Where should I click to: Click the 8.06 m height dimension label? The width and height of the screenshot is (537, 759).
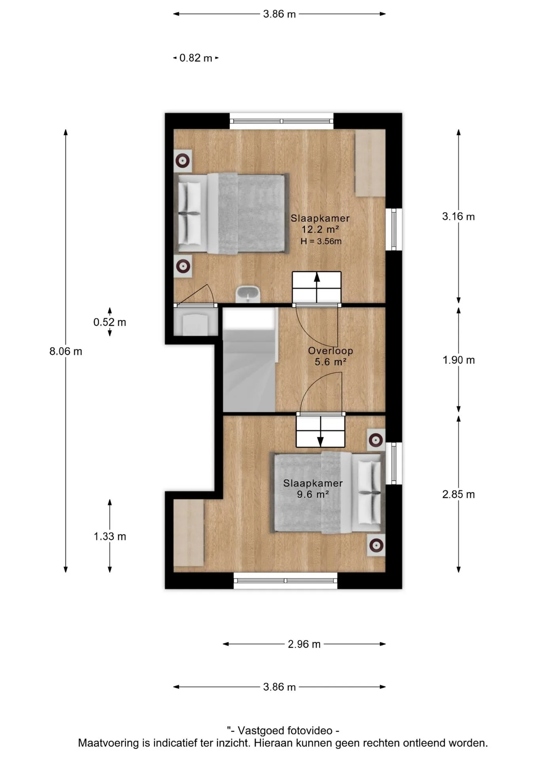click(x=66, y=351)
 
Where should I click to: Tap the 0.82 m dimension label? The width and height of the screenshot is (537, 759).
click(x=196, y=58)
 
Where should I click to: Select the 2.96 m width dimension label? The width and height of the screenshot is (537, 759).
click(x=304, y=644)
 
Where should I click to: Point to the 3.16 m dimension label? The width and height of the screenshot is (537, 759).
click(x=458, y=216)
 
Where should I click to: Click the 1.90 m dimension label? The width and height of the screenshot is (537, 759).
click(x=458, y=360)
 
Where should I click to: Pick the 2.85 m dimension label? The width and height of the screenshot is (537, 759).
click(x=458, y=494)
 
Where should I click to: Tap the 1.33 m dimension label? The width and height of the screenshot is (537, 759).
click(x=110, y=536)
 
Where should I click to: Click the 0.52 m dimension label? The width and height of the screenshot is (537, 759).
click(x=110, y=322)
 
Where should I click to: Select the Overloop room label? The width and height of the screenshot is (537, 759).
click(x=331, y=351)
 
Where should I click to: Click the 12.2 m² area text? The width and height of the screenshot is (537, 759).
click(x=320, y=229)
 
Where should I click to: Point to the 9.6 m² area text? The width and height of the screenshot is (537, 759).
click(x=313, y=494)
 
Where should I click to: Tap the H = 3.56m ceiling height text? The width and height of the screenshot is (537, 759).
click(x=321, y=241)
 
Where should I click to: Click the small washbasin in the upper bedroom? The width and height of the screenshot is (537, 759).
click(x=248, y=295)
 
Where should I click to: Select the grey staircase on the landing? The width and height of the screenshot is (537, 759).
click(x=249, y=360)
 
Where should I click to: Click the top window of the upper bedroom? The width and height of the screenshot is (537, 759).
click(x=282, y=121)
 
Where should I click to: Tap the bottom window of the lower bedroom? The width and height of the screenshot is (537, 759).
click(x=286, y=581)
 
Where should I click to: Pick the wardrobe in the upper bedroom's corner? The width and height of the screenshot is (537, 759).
click(x=370, y=163)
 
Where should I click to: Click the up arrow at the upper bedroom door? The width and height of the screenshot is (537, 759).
click(x=317, y=282)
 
